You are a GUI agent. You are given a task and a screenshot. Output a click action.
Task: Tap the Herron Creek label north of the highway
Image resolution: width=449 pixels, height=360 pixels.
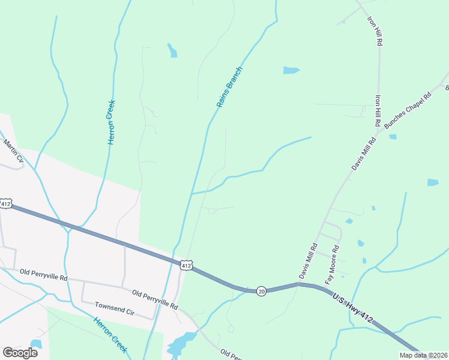(x=112, y=122)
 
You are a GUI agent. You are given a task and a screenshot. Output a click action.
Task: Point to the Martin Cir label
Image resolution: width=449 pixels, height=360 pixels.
(x=13, y=151)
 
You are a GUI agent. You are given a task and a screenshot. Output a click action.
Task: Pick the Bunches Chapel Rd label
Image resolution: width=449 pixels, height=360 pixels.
(x=408, y=110)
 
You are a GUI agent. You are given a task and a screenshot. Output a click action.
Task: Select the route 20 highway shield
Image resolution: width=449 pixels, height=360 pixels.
(x=261, y=290)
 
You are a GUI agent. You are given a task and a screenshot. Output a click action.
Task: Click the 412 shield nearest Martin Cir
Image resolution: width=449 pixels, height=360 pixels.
(x=6, y=204)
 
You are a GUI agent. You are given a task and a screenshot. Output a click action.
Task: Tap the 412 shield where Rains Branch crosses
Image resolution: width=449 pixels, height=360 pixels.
(x=186, y=265)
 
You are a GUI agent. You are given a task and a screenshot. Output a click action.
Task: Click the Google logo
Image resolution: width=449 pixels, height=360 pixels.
(x=20, y=352)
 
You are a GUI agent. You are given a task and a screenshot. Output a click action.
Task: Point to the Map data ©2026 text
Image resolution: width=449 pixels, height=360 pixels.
(x=423, y=355)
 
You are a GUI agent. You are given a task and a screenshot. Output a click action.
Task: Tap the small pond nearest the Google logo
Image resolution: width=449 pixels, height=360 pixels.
(x=36, y=344)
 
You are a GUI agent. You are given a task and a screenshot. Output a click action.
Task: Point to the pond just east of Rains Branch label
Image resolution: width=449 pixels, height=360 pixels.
(x=291, y=70)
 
